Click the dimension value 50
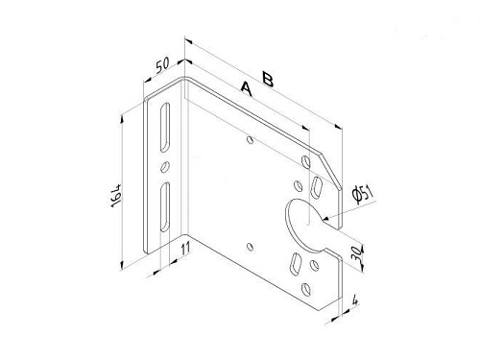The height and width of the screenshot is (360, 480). [162, 65]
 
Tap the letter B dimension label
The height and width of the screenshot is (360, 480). [268, 79]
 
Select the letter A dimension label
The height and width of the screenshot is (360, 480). [247, 88]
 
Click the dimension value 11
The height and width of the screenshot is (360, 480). [185, 248]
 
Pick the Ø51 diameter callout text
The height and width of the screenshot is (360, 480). [362, 194]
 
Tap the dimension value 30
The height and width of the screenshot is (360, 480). [357, 253]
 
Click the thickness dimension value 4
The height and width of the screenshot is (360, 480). [354, 300]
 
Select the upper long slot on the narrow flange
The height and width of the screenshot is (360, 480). [165, 127]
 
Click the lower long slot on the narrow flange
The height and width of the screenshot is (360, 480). [165, 206]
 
